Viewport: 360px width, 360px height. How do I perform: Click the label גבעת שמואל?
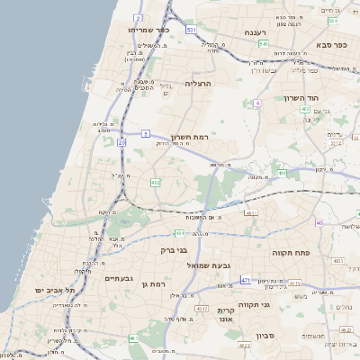click(185, 265)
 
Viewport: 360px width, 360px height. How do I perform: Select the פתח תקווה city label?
click(291, 254)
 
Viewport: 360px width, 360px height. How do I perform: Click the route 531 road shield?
click(191, 30)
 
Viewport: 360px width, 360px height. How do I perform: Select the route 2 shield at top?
click(138, 17)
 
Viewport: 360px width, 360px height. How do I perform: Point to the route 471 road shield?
click(246, 280)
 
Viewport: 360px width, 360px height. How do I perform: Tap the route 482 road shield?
click(156, 183)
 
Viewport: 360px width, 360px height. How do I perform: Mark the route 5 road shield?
click(145, 133)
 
